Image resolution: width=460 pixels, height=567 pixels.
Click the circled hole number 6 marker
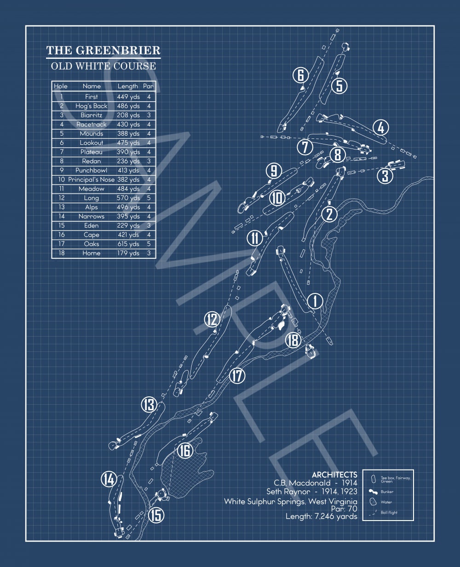click(x=301, y=75)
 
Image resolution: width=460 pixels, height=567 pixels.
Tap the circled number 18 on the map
click(x=293, y=340)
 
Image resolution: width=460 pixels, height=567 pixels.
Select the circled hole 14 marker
click(x=109, y=479)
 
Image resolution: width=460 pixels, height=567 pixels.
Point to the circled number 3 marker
click(x=385, y=176)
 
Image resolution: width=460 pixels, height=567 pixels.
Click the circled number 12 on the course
click(x=212, y=319)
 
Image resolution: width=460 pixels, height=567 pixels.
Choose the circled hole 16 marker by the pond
click(x=184, y=451)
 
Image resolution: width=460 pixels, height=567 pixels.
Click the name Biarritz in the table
click(x=91, y=115)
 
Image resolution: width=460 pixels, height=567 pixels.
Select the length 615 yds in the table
click(x=128, y=244)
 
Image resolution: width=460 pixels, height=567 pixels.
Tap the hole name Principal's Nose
click(x=91, y=179)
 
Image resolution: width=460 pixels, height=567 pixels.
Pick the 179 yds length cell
click(x=128, y=253)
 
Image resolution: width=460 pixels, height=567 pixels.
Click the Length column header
click(x=128, y=86)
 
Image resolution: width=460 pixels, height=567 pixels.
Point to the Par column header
click(x=148, y=86)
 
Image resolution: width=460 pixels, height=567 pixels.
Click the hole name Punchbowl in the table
click(x=91, y=170)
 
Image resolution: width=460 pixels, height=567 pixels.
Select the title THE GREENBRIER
click(x=103, y=50)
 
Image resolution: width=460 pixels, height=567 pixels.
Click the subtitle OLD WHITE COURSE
click(x=103, y=66)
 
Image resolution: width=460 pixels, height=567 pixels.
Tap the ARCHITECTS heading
click(x=334, y=475)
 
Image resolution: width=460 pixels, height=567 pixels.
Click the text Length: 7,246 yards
click(x=321, y=516)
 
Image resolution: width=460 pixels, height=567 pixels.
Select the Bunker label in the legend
click(x=387, y=492)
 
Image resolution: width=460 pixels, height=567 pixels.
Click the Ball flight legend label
click(x=389, y=512)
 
